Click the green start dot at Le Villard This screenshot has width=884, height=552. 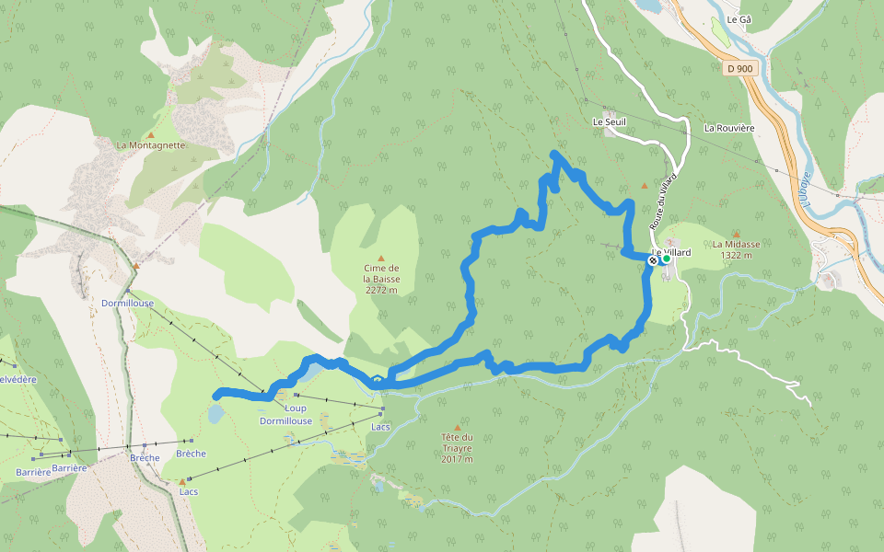pyautogui.click(x=666, y=259)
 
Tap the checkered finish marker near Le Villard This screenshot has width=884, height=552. pyautogui.click(x=653, y=260)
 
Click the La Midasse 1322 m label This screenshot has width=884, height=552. pyautogui.click(x=736, y=249)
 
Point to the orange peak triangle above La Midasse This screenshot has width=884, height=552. pyautogui.click(x=736, y=234)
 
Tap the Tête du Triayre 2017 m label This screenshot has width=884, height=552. pyautogui.click(x=457, y=448)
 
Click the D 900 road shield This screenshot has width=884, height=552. pyautogui.click(x=739, y=68)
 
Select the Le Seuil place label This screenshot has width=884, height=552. pyautogui.click(x=609, y=121)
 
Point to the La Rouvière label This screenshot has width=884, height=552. pyautogui.click(x=729, y=128)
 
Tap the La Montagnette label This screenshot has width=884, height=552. pyautogui.click(x=151, y=145)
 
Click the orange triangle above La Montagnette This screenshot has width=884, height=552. pyautogui.click(x=151, y=134)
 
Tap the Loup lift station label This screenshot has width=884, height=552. pyautogui.click(x=296, y=408)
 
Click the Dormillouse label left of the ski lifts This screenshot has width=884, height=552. pyautogui.click(x=127, y=302)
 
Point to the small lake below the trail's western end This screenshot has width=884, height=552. pyautogui.click(x=215, y=414)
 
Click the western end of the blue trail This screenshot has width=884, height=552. pyautogui.click(x=216, y=396)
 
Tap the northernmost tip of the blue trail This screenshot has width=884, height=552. pyautogui.click(x=554, y=154)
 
